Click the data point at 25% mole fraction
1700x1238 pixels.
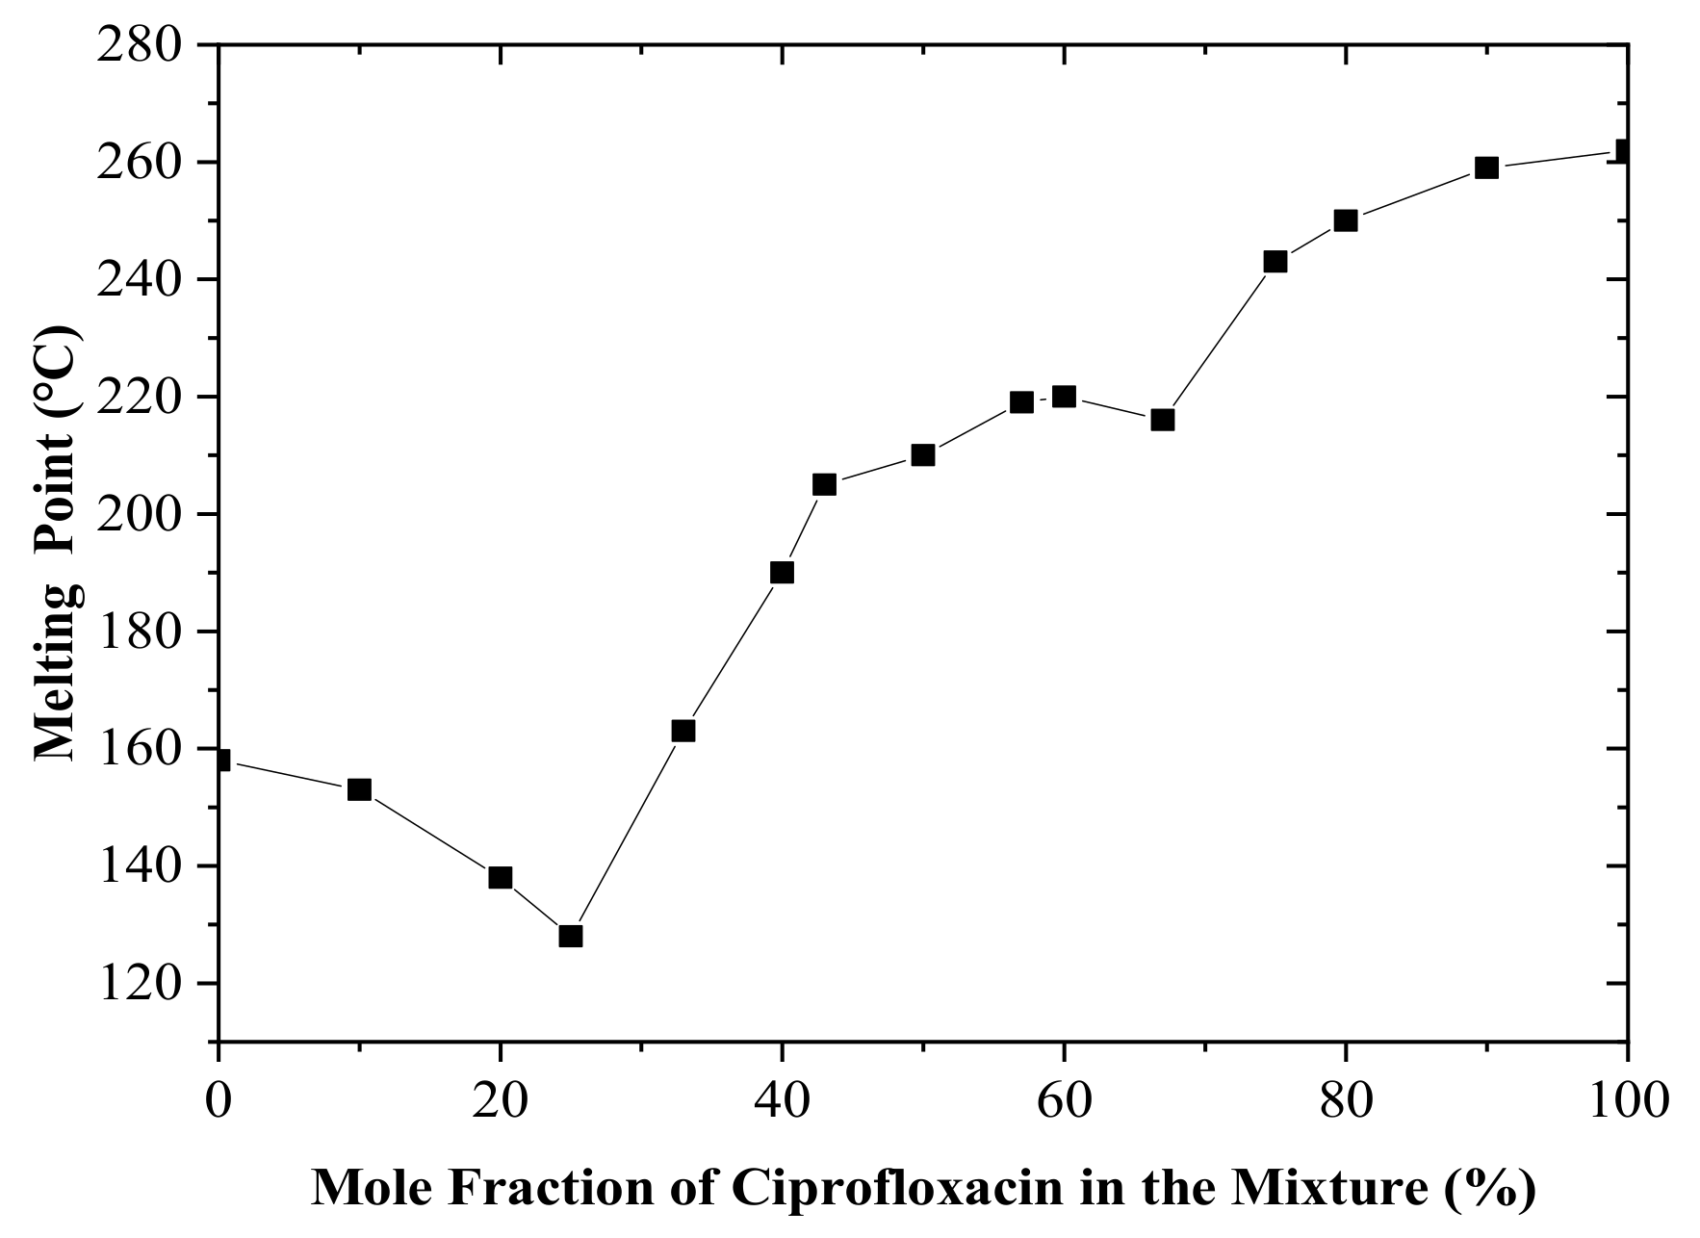point(571,936)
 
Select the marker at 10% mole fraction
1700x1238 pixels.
point(359,789)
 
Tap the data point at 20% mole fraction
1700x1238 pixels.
point(501,877)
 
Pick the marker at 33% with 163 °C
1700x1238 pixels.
point(683,731)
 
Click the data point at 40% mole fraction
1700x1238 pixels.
point(782,573)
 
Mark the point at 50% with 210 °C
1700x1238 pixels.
point(923,454)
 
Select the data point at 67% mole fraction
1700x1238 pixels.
point(1163,420)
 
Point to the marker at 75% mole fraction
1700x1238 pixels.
point(1275,261)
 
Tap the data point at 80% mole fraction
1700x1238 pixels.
point(1346,220)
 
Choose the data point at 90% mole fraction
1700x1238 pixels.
point(1487,168)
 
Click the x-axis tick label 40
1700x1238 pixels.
point(782,1100)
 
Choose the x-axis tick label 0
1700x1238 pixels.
point(219,1100)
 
